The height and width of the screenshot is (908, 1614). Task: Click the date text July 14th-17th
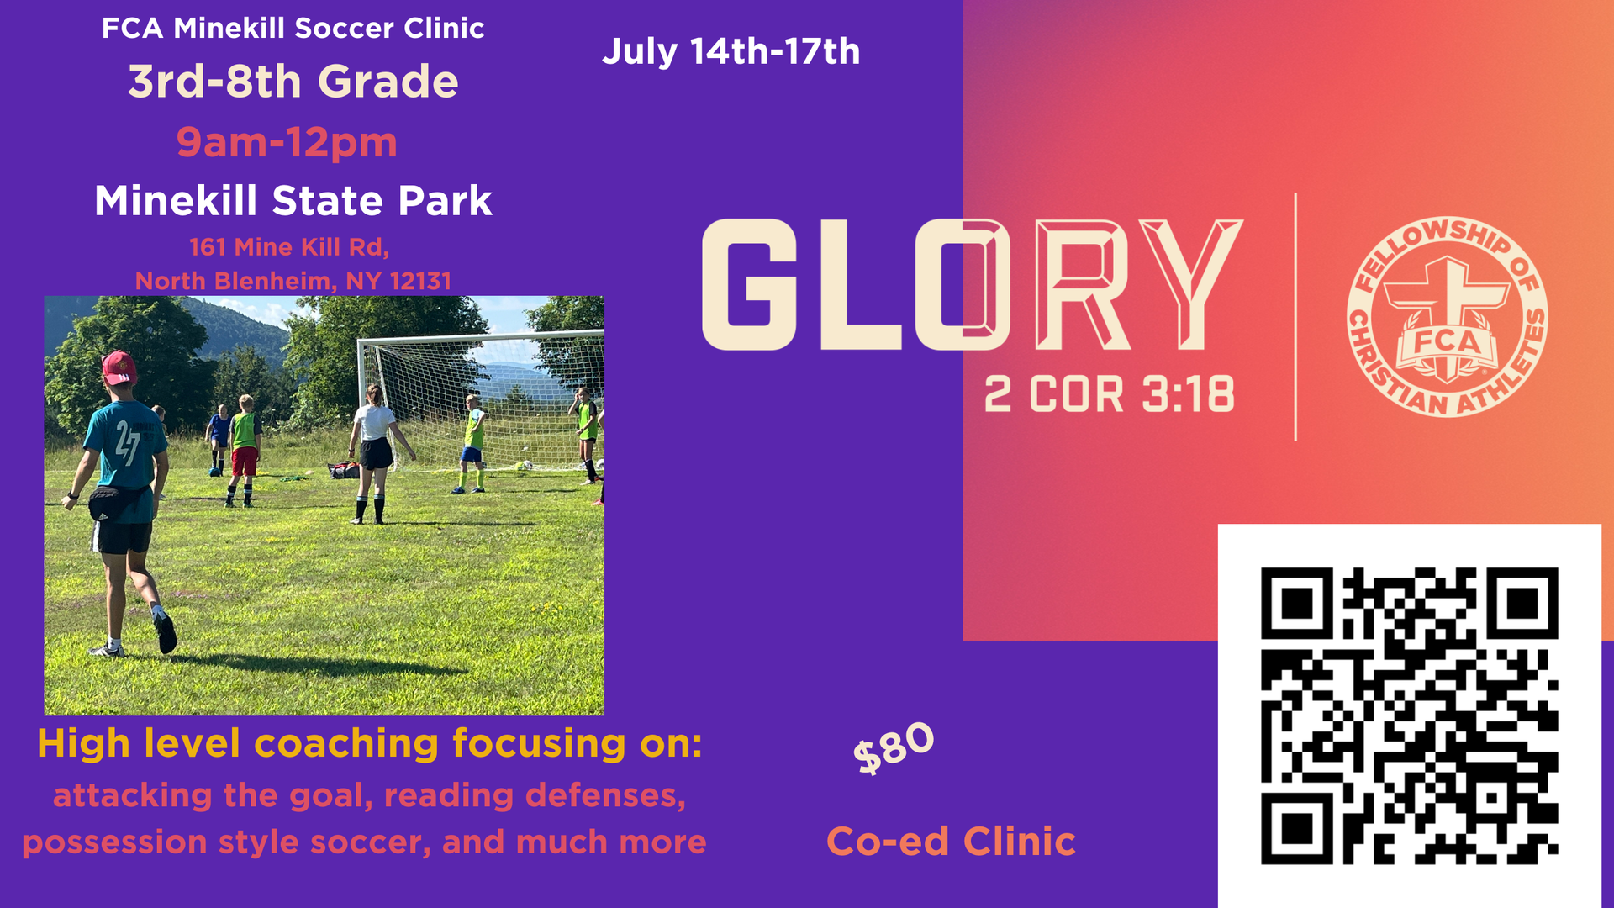pyautogui.click(x=731, y=52)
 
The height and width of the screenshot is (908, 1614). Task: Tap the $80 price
pyautogui.click(x=894, y=747)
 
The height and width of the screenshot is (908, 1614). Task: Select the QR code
pyautogui.click(x=1410, y=716)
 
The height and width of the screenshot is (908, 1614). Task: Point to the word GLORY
pyautogui.click(x=972, y=285)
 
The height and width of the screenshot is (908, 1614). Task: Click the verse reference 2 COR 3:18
pyautogui.click(x=1110, y=394)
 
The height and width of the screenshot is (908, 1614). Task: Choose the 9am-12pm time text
pyautogui.click(x=287, y=142)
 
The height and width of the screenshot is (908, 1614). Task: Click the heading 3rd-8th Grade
pyautogui.click(x=293, y=82)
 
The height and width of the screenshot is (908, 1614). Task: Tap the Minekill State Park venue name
pyautogui.click(x=293, y=201)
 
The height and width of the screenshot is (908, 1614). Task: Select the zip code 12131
pyautogui.click(x=421, y=281)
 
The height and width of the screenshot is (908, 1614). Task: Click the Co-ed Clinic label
pyautogui.click(x=952, y=842)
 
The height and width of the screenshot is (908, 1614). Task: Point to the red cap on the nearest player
pyautogui.click(x=119, y=367)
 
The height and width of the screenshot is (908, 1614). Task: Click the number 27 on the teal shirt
pyautogui.click(x=127, y=442)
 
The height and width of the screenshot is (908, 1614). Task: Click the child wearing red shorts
pyautogui.click(x=244, y=451)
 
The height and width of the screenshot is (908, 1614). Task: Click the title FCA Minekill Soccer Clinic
pyautogui.click(x=293, y=29)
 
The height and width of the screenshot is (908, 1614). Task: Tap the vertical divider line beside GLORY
pyautogui.click(x=1295, y=317)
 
